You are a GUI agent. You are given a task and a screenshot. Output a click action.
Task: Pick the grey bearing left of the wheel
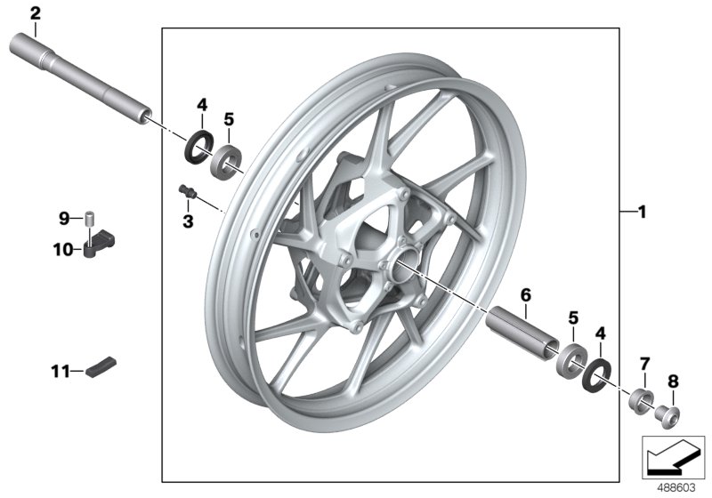[230, 157]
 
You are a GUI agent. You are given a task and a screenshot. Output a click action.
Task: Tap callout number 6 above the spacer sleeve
[526, 293]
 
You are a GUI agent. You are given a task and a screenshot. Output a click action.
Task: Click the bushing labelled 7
[639, 398]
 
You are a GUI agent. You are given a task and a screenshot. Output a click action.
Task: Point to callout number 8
[673, 381]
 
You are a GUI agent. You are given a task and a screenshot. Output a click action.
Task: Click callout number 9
[64, 218]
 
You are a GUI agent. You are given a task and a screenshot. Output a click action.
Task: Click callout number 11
[61, 370]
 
